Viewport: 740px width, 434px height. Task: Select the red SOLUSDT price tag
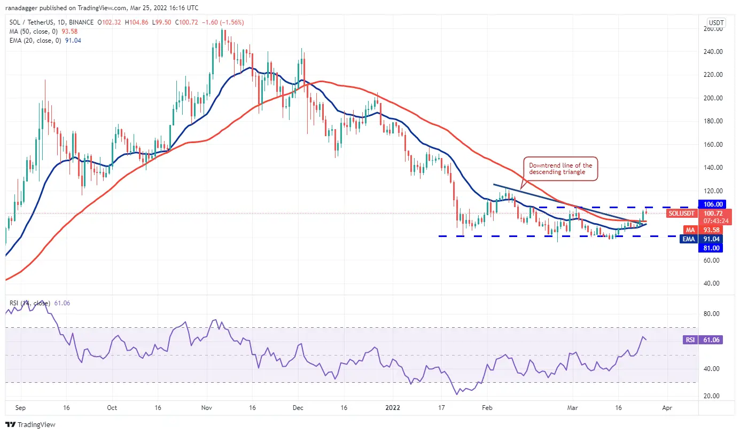(x=681, y=214)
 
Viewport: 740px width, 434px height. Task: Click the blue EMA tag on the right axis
(x=689, y=239)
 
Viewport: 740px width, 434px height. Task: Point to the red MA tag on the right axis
(x=690, y=230)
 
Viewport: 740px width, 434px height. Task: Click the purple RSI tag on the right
(x=689, y=340)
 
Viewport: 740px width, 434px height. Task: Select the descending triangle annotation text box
(x=560, y=169)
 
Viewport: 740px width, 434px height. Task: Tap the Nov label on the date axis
(x=207, y=407)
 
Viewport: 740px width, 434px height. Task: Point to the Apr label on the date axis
(x=666, y=407)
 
